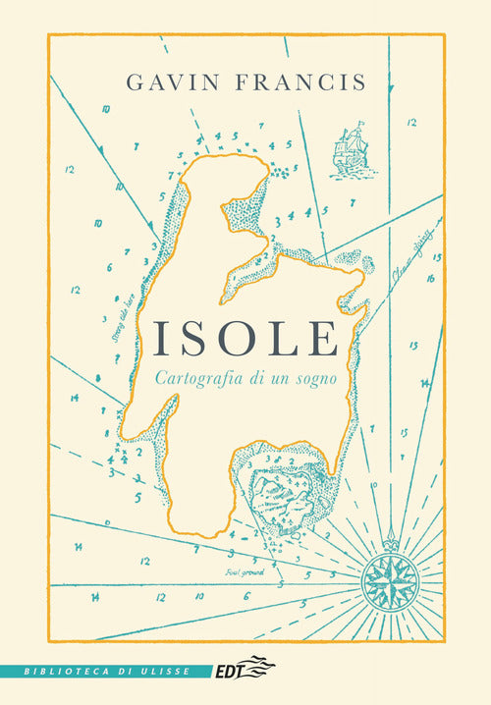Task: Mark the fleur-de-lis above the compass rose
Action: coord(391,538)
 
